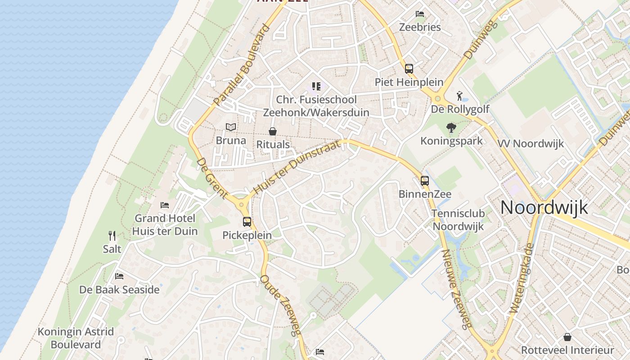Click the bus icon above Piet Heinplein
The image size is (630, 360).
click(409, 69)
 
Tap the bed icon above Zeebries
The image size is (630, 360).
click(420, 14)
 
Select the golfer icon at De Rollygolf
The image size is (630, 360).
click(459, 96)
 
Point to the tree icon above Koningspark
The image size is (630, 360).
click(451, 128)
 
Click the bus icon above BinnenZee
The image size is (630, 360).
click(425, 181)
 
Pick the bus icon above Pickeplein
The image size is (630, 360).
click(247, 222)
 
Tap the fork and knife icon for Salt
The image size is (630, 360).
click(112, 235)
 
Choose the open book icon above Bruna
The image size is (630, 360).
click(231, 127)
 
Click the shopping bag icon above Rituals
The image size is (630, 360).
click(273, 131)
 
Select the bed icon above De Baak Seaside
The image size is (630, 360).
click(119, 276)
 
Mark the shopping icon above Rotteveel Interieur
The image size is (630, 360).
click(567, 337)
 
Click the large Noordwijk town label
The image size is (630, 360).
click(544, 207)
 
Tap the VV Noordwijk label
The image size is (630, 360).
click(531, 144)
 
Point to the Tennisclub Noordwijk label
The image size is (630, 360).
click(458, 220)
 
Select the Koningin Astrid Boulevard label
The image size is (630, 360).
click(76, 338)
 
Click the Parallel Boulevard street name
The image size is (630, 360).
click(241, 65)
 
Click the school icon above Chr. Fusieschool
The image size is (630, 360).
click(316, 86)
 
